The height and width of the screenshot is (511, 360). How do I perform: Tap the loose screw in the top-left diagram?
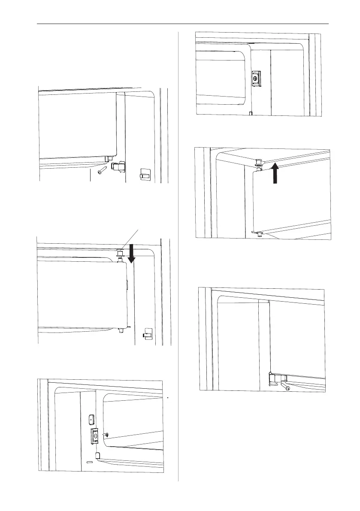pyautogui.click(x=101, y=171)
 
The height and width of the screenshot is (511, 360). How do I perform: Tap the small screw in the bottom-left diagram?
pyautogui.click(x=106, y=435)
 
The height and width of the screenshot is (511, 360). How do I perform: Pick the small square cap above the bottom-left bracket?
pyautogui.click(x=91, y=418)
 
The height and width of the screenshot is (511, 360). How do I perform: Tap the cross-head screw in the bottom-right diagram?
pyautogui.click(x=288, y=388)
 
